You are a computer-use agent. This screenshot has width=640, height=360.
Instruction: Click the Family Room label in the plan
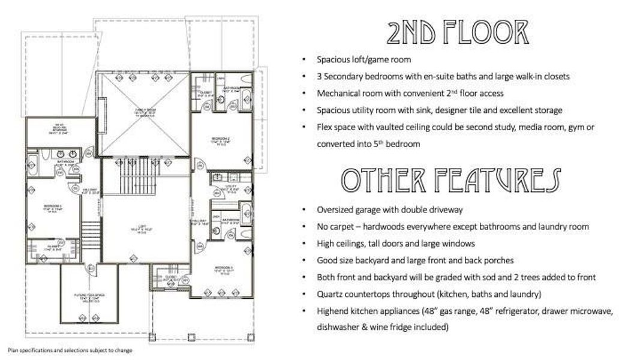144,111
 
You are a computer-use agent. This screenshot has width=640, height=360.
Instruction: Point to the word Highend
333,311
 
